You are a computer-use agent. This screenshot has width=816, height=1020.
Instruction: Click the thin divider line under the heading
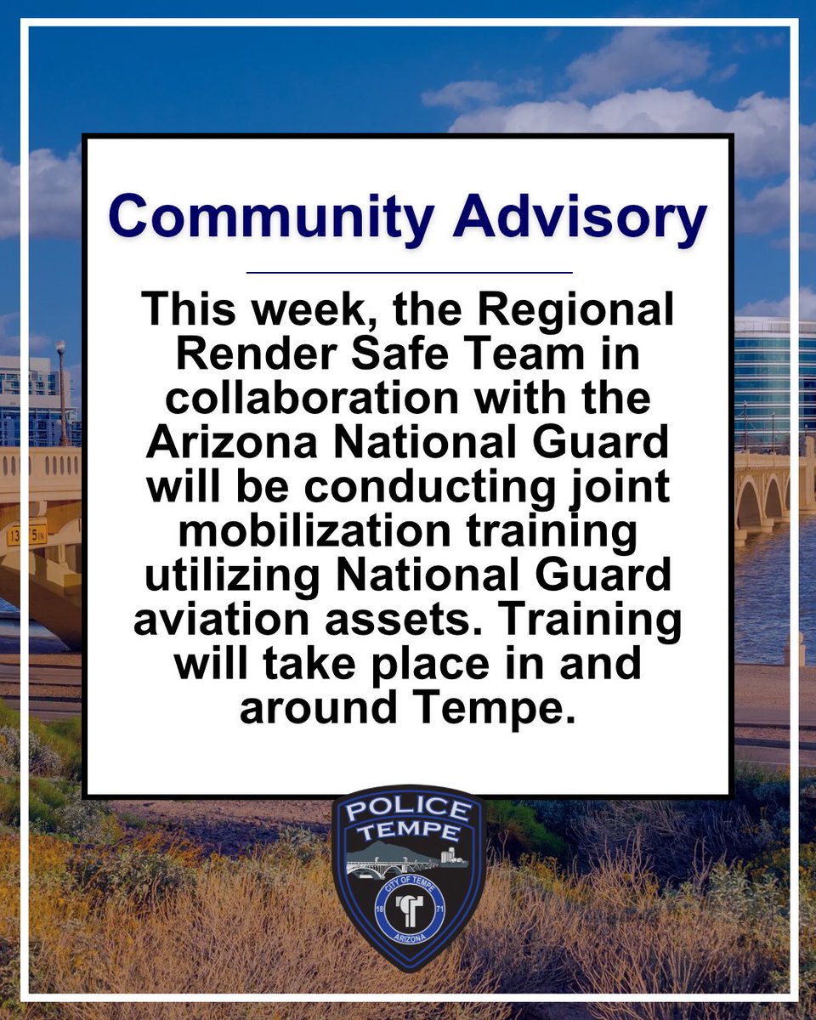[x=409, y=273]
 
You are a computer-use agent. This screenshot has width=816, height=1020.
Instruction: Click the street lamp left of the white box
[x=61, y=391]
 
